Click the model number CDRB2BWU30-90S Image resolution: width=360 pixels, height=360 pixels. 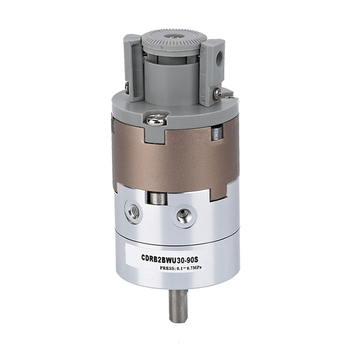[x=169, y=260]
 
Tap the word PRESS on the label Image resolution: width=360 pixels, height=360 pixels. [x=167, y=268]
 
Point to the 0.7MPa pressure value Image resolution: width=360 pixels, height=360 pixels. [x=194, y=268]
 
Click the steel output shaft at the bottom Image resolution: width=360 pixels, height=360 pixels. [x=178, y=305]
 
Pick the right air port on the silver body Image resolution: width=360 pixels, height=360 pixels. [x=185, y=215]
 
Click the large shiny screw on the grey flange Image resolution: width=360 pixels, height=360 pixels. [x=156, y=120]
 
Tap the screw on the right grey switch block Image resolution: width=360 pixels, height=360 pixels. [x=217, y=93]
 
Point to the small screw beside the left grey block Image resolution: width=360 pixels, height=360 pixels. [x=127, y=88]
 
